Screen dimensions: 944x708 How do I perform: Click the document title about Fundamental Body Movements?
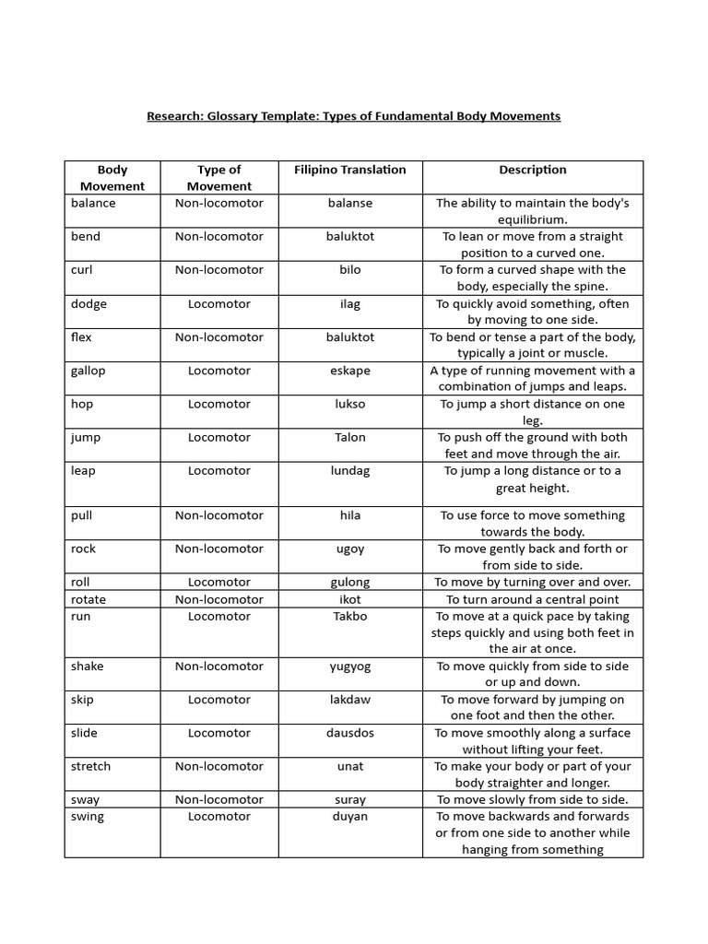[354, 116]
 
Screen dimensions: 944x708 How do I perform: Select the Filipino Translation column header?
[349, 170]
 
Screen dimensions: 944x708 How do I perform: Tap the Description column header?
[533, 170]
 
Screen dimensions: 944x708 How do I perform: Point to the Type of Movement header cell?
[218, 177]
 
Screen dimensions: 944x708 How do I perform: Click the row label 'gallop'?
[88, 371]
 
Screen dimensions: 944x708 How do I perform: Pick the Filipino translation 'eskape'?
[349, 371]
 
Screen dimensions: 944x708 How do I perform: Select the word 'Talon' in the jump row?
[349, 437]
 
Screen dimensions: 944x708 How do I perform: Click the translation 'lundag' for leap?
[349, 470]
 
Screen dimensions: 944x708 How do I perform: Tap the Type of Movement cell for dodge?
[218, 303]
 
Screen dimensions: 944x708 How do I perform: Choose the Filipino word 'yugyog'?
[349, 666]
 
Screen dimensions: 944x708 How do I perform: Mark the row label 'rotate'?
[88, 599]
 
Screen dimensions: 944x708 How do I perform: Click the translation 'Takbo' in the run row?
[349, 616]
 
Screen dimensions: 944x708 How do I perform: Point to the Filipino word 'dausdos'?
[349, 733]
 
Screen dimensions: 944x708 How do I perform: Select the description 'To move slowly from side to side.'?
[533, 799]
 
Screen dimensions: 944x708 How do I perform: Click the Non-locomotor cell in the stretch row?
[218, 766]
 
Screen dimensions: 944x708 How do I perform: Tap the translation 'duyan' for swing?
[349, 816]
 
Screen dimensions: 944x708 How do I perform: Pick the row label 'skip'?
[82, 700]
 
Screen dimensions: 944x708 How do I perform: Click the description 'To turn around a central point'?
[533, 599]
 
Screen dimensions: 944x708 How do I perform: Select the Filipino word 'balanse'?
[349, 203]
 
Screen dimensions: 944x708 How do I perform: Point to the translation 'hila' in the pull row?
[349, 515]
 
